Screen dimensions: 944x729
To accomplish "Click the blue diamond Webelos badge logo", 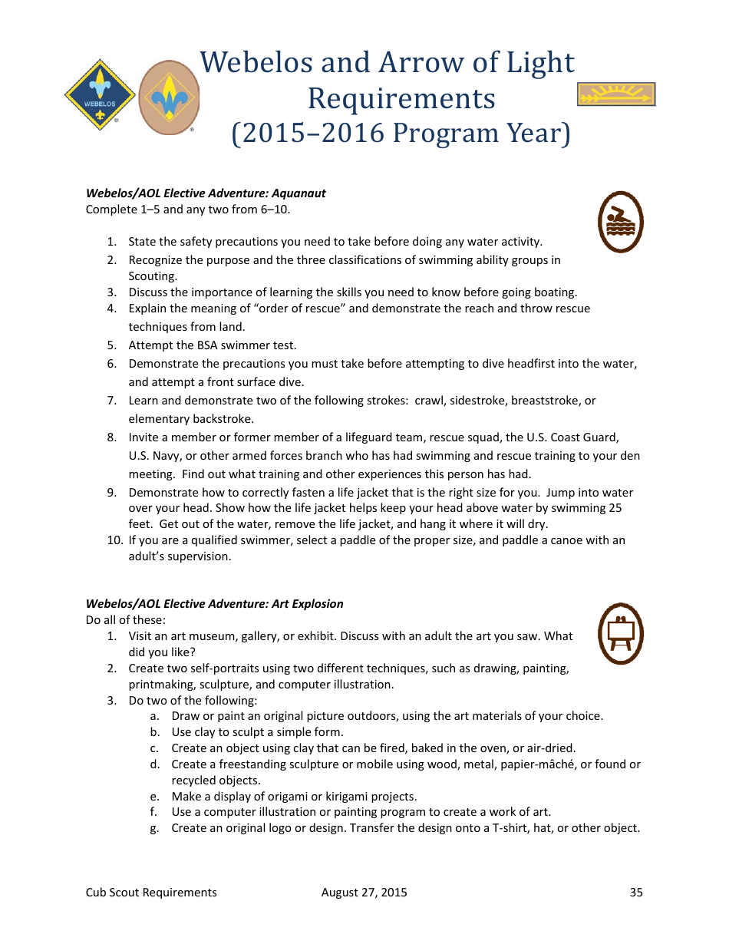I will [x=100, y=95].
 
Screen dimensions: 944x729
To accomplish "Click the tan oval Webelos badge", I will [x=169, y=97].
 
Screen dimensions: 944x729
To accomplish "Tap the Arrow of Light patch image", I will [x=615, y=94].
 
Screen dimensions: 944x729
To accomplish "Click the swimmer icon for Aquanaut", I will [x=620, y=223].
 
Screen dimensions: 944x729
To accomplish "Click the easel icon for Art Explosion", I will [x=620, y=633].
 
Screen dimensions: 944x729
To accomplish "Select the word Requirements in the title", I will [x=401, y=98].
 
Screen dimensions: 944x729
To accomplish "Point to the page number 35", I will [x=636, y=892].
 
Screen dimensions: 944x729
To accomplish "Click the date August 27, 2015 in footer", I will [x=364, y=892].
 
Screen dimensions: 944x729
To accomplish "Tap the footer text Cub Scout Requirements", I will [x=151, y=892].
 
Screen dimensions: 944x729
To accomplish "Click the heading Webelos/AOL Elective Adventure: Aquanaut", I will [x=206, y=193].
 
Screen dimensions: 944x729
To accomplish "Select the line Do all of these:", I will [x=125, y=620].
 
